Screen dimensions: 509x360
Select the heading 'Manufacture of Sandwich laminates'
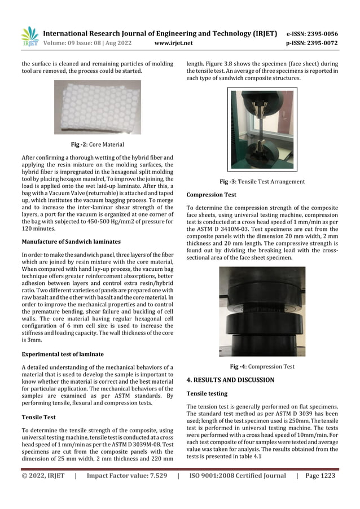pos(68,242)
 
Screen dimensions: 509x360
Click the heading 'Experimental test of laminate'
pos(62,354)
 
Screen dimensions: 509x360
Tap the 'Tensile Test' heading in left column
pos(38,418)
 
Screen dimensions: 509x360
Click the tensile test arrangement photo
pos(261,129)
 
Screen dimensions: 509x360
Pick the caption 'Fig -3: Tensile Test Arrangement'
pos(262,182)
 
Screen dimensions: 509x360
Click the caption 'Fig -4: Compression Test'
pos(262,367)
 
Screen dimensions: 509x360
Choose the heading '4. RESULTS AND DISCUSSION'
pos(230,380)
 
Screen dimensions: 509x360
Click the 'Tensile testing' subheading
pos(207,393)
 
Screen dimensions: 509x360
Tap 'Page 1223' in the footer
pos(320,476)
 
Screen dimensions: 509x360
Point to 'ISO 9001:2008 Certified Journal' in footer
pos(237,476)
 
